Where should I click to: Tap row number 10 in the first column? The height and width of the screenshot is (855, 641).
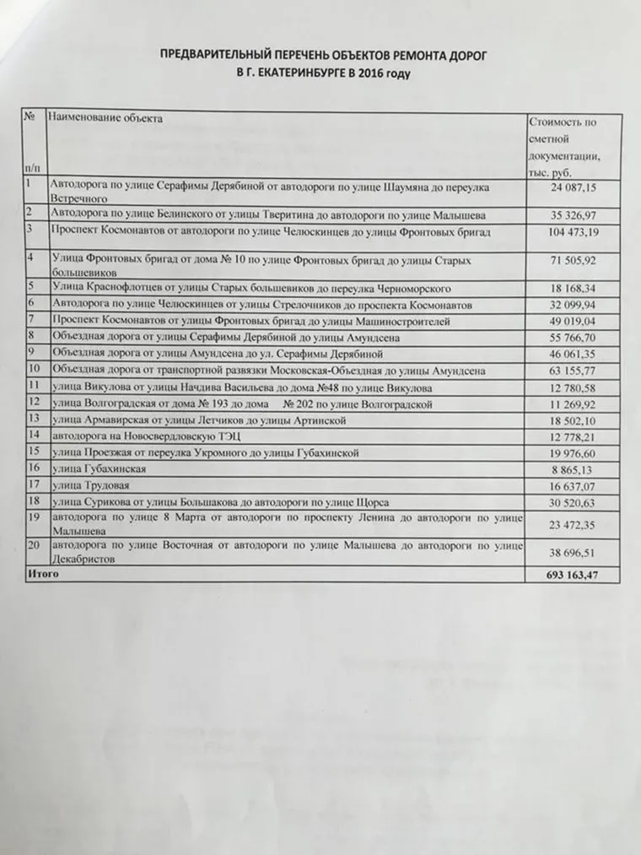(35, 369)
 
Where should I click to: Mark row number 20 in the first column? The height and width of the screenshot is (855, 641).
(35, 544)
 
